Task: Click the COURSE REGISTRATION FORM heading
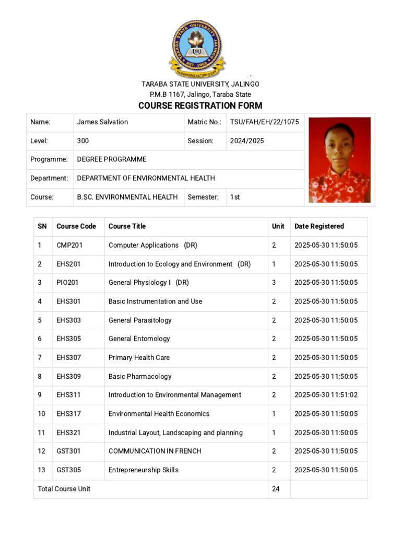pos(200,106)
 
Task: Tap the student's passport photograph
pos(339,160)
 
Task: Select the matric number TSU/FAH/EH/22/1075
pos(264,122)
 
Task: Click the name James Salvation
pos(102,122)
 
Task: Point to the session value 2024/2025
pos(247,141)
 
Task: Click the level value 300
pos(83,141)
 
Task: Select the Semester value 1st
pos(235,197)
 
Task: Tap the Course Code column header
pos(76,226)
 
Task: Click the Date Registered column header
pos(319,226)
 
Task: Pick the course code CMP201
pos(69,245)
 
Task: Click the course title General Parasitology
pos(140,320)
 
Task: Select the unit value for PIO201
pos(274,283)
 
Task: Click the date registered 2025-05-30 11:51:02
pos(326,395)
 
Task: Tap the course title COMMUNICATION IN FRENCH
pos(155,451)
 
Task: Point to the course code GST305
pos(69,470)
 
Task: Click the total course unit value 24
pos(276,489)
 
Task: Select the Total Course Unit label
pos(64,489)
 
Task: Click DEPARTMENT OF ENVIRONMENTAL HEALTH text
pos(146,178)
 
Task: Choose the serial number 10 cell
pos(42,414)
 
